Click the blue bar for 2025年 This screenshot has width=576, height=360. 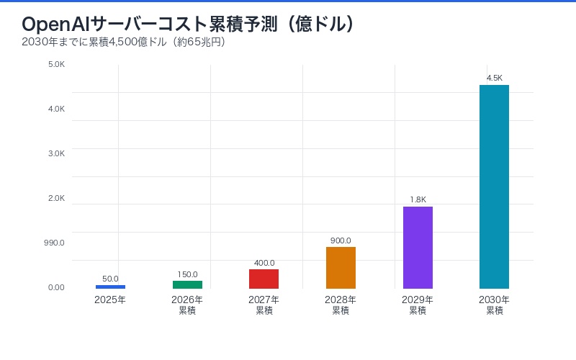point(110,287)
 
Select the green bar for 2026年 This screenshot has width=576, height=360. point(187,284)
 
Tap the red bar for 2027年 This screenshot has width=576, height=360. point(264,279)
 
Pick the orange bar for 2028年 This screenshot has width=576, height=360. point(341,268)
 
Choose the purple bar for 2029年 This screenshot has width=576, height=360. point(418,248)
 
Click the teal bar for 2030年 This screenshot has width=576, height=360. point(494,186)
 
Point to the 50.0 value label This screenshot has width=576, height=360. point(110,279)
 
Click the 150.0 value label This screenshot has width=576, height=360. point(187,274)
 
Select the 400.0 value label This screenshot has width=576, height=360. point(264,263)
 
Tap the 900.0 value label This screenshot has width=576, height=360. point(341,240)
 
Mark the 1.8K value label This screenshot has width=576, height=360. point(418,199)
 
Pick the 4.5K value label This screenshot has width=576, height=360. point(494,78)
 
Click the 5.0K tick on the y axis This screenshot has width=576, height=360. point(56,64)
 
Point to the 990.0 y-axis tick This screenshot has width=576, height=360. point(54,243)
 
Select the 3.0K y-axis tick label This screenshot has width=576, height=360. point(56,153)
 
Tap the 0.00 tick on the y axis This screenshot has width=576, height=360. point(56,287)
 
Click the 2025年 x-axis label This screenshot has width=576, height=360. point(110,300)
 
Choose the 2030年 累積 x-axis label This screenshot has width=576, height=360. point(494,305)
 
